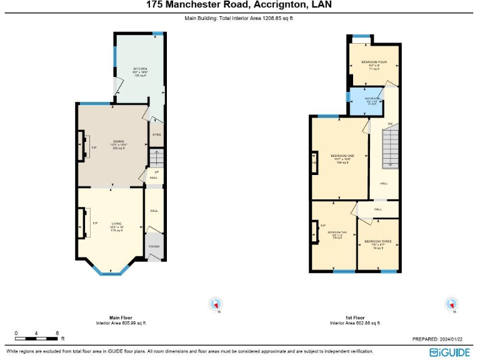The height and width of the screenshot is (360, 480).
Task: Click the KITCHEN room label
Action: point(139,68)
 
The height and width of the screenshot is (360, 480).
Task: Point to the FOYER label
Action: point(154,246)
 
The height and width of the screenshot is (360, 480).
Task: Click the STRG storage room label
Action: point(156,134)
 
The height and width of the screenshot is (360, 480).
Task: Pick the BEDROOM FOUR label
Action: point(374,62)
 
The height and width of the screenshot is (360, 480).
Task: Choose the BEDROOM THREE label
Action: point(377,241)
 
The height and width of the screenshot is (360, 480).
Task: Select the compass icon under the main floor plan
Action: point(216,304)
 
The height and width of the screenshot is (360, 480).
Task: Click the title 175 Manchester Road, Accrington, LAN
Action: point(239,5)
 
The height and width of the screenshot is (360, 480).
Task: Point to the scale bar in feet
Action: point(37,338)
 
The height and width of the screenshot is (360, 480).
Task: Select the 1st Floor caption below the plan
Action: point(355,317)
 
